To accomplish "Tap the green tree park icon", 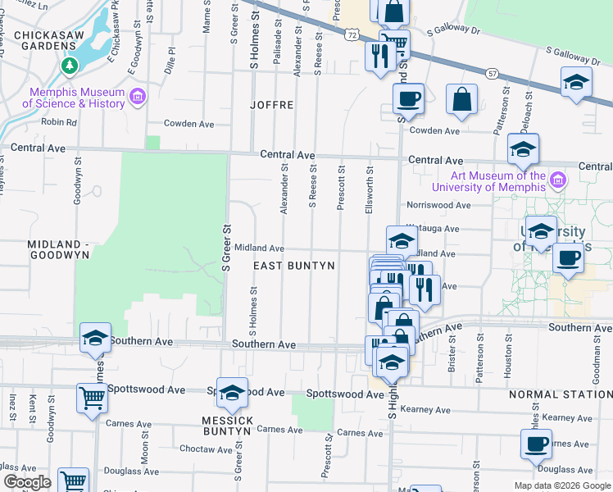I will pyautogui.click(x=70, y=66).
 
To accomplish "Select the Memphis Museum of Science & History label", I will pyautogui.click(x=73, y=98).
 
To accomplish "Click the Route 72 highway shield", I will pyautogui.click(x=352, y=34).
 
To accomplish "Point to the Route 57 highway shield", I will pyautogui.click(x=493, y=73).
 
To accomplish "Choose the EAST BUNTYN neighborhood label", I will pyautogui.click(x=293, y=266).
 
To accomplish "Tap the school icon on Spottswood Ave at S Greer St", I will pyautogui.click(x=233, y=393).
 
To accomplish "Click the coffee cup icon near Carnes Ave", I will pyautogui.click(x=536, y=444).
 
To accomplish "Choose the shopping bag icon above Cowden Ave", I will pyautogui.click(x=462, y=99).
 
